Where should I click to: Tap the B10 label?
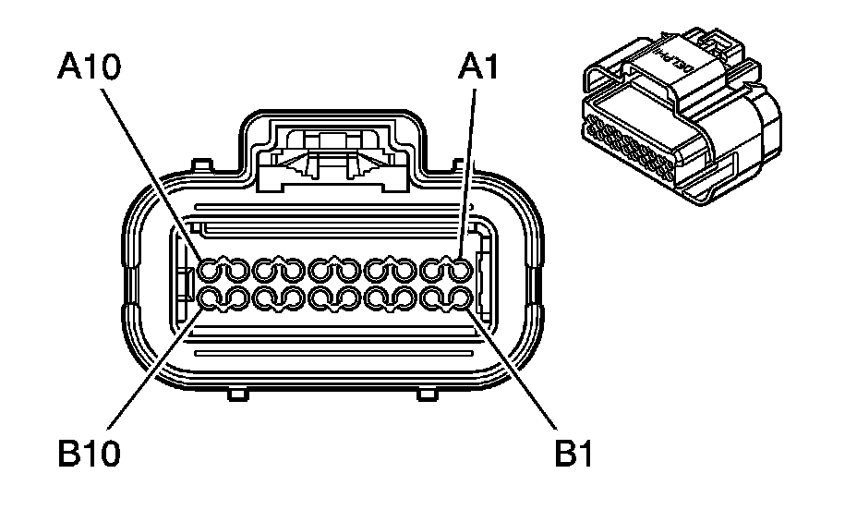[x=91, y=454]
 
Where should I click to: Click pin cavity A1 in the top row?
[x=460, y=270]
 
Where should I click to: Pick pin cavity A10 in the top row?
[x=210, y=270]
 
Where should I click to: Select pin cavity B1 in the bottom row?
[x=460, y=298]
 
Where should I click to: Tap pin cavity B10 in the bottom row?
[x=210, y=298]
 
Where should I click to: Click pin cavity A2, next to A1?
[x=433, y=270]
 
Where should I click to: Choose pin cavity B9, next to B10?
[x=235, y=298]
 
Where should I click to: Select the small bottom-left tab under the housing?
[x=237, y=395]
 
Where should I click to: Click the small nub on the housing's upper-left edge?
[x=197, y=165]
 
